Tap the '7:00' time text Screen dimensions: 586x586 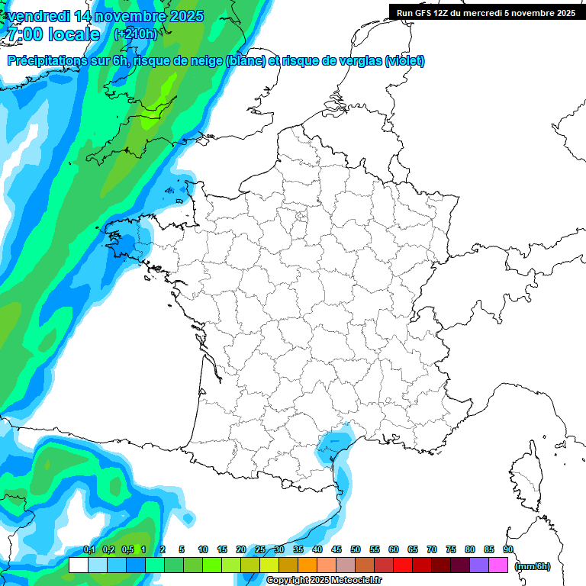pyautogui.click(x=25, y=34)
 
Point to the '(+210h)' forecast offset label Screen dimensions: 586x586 pyautogui.click(x=136, y=34)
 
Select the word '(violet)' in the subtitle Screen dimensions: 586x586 pyautogui.click(x=405, y=61)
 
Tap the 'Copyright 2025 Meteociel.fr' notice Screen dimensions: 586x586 pyautogui.click(x=323, y=581)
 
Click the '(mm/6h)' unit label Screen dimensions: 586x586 pyautogui.click(x=533, y=566)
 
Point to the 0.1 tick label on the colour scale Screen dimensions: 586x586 pyautogui.click(x=89, y=550)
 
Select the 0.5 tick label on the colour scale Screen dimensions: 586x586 pyautogui.click(x=127, y=550)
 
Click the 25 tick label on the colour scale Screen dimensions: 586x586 pyautogui.click(x=260, y=550)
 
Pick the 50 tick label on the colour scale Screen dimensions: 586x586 pyautogui.click(x=356, y=550)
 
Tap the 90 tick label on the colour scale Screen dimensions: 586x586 pyautogui.click(x=507, y=550)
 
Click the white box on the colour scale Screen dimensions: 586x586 pyautogui.click(x=79, y=565)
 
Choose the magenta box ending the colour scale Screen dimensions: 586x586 pyautogui.click(x=498, y=565)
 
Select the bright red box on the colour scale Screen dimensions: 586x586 pyautogui.click(x=403, y=565)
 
